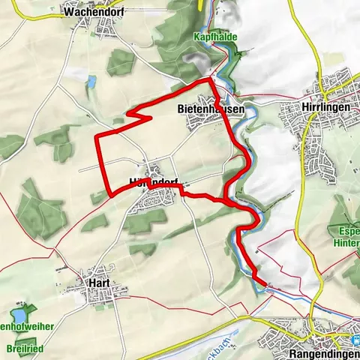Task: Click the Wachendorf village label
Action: (94, 12)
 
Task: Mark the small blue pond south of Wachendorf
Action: (91, 81)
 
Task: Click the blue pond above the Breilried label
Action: (19, 316)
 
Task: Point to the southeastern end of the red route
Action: (263, 283)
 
